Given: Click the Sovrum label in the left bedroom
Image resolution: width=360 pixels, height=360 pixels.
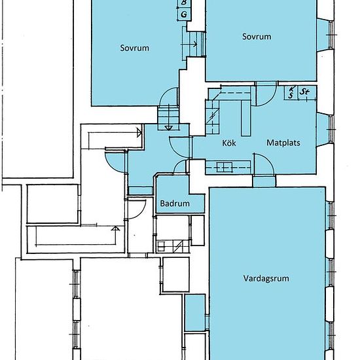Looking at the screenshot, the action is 135,48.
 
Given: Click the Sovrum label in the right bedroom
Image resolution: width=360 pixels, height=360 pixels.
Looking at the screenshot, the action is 257,37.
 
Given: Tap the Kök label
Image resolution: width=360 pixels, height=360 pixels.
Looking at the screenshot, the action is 229,143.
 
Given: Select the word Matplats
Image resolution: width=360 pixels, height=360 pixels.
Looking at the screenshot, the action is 283,143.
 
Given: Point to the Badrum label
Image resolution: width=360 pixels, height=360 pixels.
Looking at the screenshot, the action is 175,204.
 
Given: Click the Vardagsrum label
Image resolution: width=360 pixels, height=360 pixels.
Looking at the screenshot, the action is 266,278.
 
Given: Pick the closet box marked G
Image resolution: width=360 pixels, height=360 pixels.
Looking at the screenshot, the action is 184,14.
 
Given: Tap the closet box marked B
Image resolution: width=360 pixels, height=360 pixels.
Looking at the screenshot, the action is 184,3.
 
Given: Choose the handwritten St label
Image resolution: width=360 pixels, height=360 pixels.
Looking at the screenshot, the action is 304,92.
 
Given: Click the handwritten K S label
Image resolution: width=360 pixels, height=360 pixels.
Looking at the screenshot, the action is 291,92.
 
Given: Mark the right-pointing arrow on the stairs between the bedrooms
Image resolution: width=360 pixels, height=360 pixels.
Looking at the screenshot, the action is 189,44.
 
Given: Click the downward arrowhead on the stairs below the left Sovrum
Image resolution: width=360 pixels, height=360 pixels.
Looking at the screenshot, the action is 169,128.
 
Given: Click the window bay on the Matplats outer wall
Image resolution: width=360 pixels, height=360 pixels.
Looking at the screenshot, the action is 325,129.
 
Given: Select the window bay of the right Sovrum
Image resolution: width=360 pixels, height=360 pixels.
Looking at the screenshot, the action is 325,35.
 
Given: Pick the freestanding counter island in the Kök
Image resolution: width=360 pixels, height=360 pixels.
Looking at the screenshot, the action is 245,118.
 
